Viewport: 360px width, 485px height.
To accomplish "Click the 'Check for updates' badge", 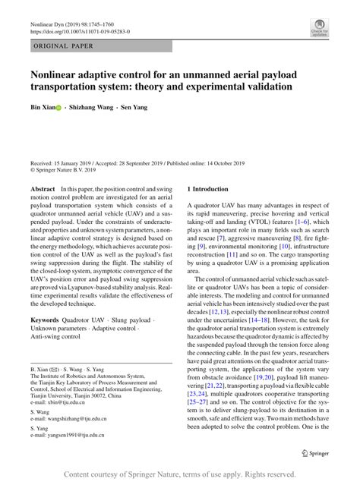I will click(318, 30).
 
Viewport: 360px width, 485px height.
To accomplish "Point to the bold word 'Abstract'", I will click(42, 188).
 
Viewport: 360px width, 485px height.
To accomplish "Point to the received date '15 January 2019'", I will click(81, 162).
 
